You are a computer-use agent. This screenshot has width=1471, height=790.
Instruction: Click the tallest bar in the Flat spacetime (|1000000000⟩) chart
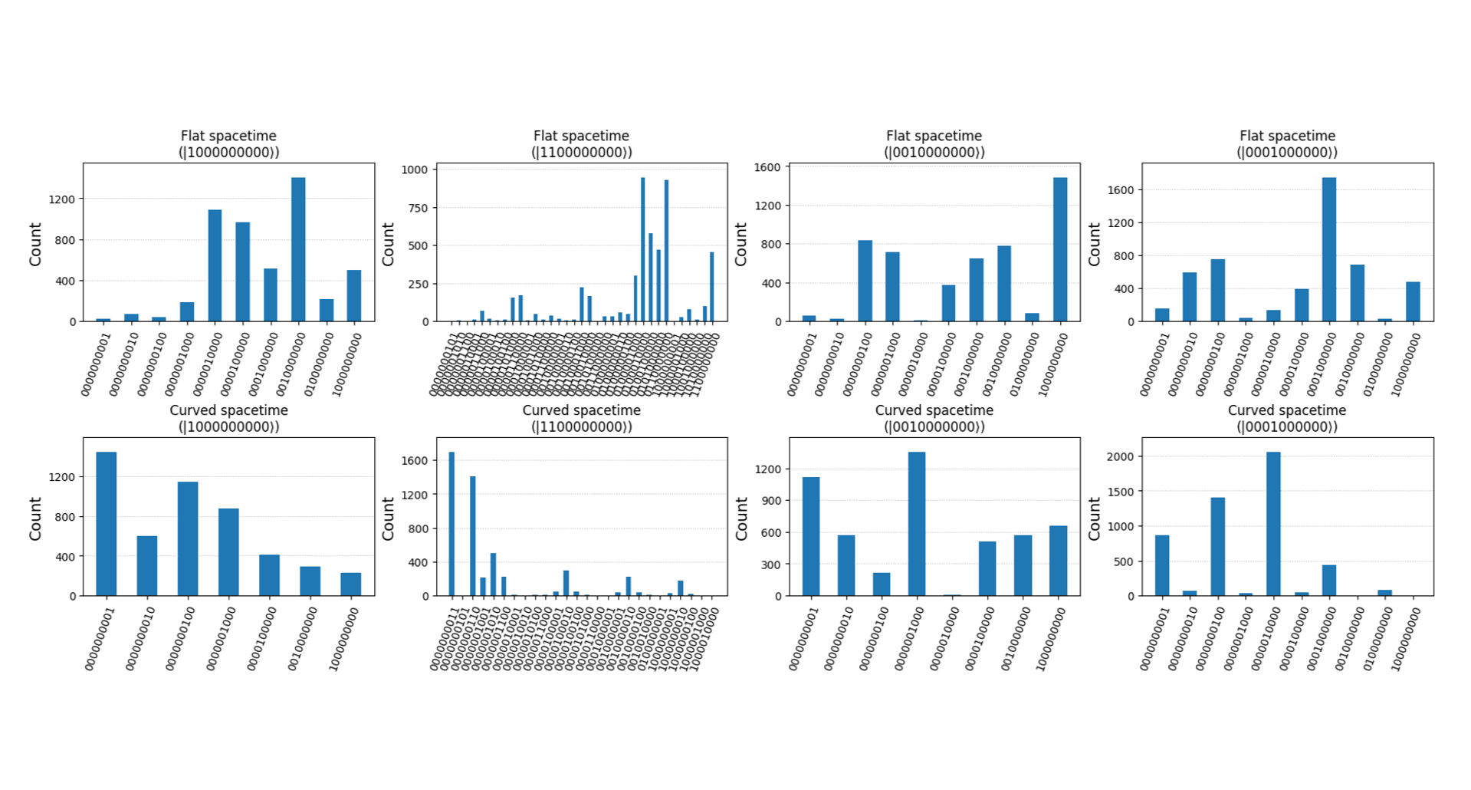(x=298, y=249)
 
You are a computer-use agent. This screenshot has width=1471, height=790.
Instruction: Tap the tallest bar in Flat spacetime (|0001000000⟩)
(x=1329, y=249)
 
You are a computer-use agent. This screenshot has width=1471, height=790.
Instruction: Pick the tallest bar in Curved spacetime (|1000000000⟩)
(x=107, y=524)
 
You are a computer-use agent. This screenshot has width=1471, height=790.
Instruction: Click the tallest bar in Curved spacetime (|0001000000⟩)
(x=1273, y=524)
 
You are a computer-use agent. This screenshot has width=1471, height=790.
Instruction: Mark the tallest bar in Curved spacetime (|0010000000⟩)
(x=917, y=524)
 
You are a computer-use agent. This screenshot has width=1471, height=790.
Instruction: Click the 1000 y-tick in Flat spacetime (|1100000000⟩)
(x=415, y=170)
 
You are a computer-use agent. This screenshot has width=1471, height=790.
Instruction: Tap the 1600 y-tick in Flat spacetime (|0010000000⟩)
(x=767, y=167)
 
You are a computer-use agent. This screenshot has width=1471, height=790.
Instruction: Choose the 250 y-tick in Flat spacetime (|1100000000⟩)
(x=419, y=284)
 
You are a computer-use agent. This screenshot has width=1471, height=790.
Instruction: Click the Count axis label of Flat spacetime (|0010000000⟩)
(x=741, y=245)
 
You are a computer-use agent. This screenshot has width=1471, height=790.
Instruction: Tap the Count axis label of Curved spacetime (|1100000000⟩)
(x=389, y=518)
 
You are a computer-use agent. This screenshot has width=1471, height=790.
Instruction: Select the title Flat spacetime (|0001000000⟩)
(x=1287, y=144)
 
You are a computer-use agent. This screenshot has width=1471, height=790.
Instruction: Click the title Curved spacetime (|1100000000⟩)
(x=581, y=419)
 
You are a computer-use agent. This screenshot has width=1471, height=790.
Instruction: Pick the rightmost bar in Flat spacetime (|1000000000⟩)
(x=353, y=295)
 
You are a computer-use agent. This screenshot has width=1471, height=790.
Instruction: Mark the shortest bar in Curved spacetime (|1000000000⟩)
(x=350, y=584)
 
